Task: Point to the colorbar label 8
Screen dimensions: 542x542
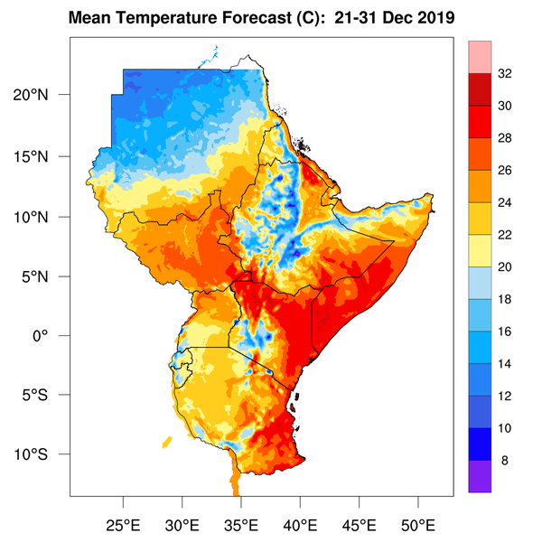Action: pos(505,460)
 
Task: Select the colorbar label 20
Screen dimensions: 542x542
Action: pos(505,267)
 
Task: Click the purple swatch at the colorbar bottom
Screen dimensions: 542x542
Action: pos(480,476)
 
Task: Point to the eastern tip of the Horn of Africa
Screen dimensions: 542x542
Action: pos(435,196)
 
